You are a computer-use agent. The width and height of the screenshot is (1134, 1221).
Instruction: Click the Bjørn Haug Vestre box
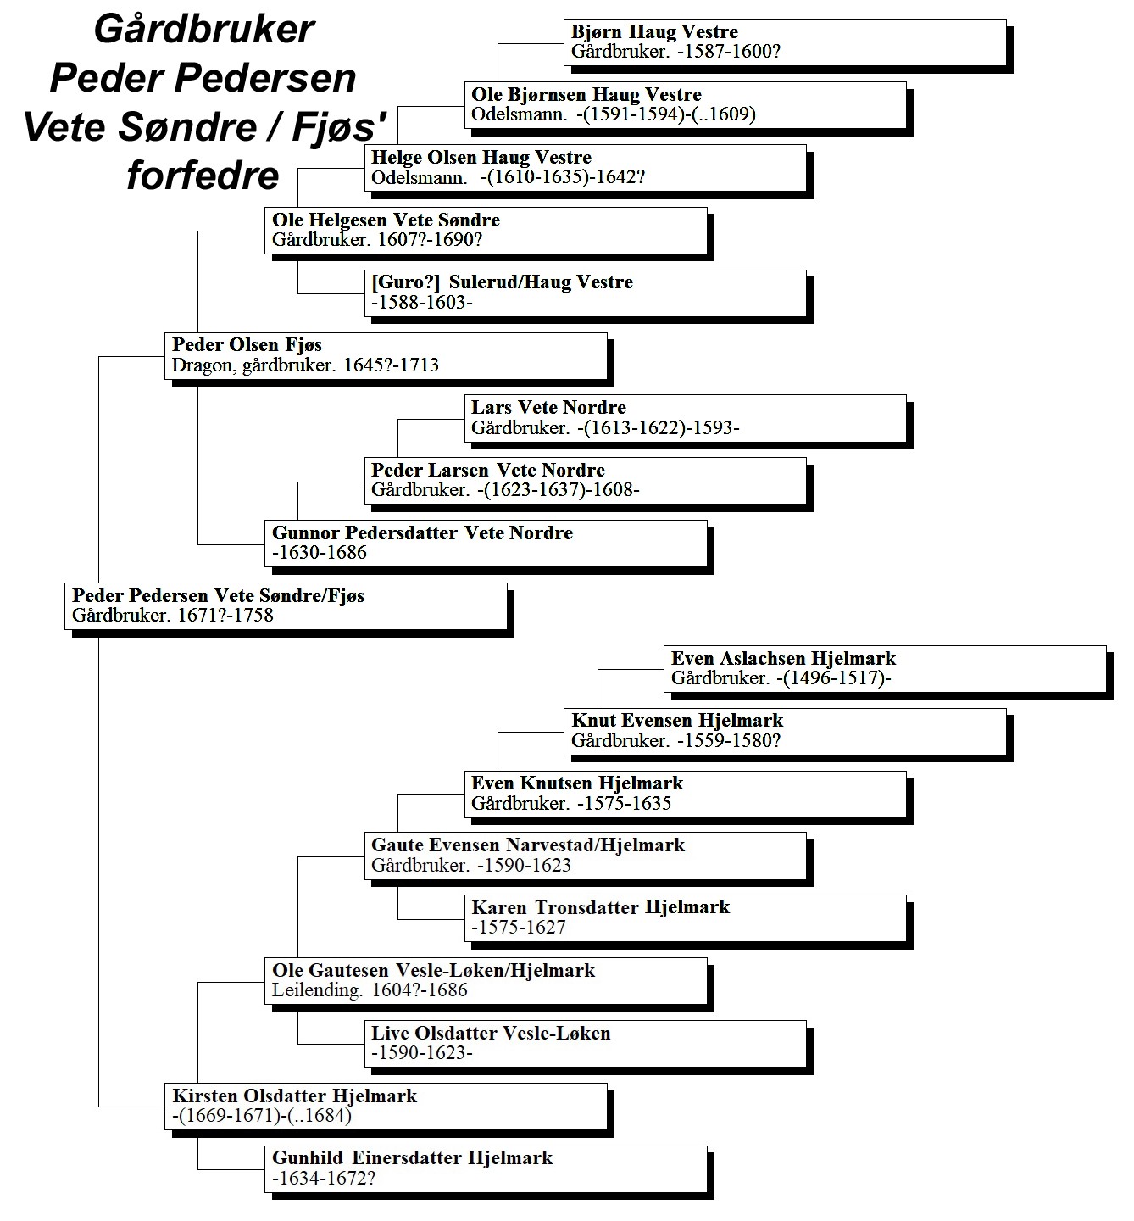[785, 42]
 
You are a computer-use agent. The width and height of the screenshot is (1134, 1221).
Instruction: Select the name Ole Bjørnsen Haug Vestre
[586, 95]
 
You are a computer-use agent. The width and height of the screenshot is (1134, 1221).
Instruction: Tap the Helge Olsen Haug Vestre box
[585, 168]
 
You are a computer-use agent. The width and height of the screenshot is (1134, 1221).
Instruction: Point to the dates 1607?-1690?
[430, 240]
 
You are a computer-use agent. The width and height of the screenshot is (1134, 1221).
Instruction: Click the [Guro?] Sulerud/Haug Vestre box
[585, 293]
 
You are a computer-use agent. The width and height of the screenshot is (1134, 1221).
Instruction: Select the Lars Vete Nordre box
[686, 418]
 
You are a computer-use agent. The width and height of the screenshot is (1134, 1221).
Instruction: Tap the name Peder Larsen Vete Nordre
[488, 471]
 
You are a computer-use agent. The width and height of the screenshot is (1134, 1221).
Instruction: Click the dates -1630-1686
[320, 553]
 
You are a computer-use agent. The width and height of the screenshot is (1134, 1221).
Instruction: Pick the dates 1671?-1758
[225, 616]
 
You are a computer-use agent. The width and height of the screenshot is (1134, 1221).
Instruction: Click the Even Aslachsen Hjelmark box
[885, 669]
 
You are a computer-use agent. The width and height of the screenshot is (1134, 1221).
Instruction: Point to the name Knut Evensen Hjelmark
[677, 721]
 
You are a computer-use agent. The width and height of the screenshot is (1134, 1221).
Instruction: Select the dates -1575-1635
[624, 804]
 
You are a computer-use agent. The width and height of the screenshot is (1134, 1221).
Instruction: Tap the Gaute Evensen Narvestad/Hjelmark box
[585, 856]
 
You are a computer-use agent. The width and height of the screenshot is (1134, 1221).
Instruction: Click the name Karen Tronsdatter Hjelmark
[601, 907]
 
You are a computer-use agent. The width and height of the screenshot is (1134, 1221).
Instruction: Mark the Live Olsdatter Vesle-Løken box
[585, 1044]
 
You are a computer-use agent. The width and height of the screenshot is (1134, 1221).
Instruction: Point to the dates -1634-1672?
[324, 1179]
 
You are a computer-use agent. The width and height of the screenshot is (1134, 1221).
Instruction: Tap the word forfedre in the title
[203, 176]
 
